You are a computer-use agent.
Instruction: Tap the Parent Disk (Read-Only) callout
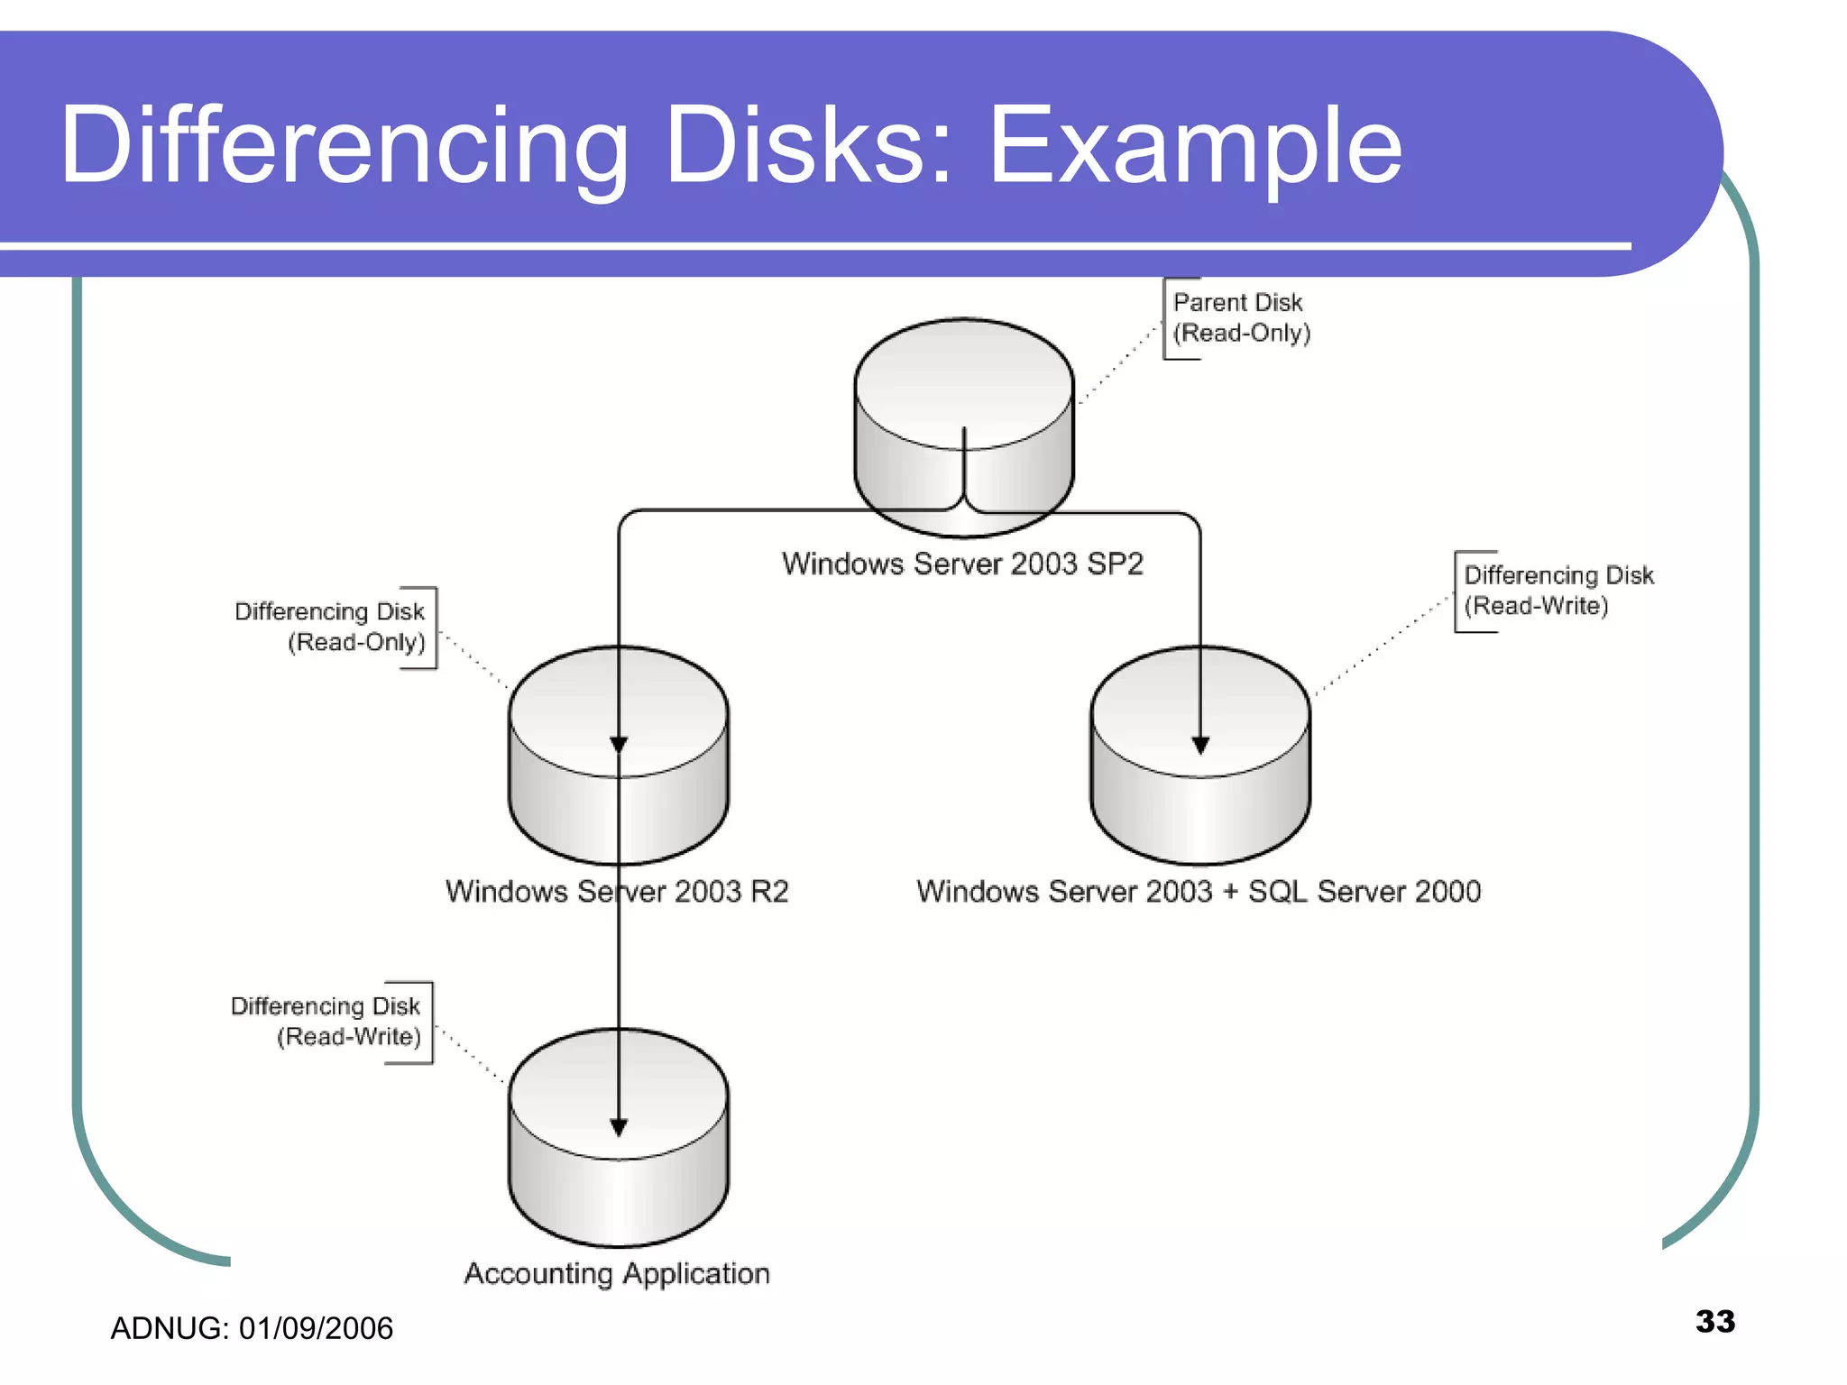click(x=1240, y=317)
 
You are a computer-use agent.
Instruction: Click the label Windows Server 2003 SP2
click(x=962, y=564)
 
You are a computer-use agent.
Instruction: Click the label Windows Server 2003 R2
click(x=617, y=892)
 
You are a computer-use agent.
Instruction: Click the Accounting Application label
click(x=617, y=1273)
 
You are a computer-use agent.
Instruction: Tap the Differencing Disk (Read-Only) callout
click(x=330, y=627)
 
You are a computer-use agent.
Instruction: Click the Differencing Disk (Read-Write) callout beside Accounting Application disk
click(x=326, y=1021)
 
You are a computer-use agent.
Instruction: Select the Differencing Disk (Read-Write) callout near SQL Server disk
click(x=1557, y=591)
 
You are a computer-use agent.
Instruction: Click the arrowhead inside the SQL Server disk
click(x=1200, y=745)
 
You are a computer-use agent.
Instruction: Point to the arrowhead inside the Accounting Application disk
click(x=619, y=1127)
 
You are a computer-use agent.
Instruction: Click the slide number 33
click(x=1715, y=1321)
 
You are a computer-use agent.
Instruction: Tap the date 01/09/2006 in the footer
click(x=316, y=1328)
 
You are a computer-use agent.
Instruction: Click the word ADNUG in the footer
click(x=168, y=1328)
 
